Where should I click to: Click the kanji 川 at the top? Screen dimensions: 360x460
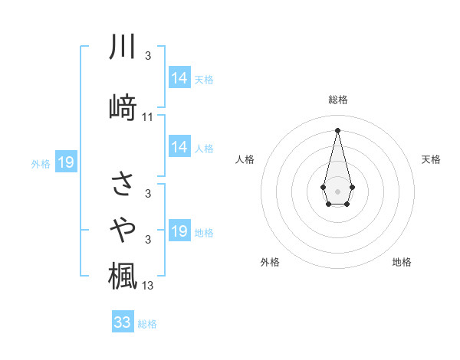(123, 47)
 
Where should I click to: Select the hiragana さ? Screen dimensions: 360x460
(123, 184)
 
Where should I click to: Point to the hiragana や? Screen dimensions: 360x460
(123, 227)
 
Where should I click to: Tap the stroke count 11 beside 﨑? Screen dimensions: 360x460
(148, 117)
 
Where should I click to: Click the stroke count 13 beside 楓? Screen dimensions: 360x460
(148, 286)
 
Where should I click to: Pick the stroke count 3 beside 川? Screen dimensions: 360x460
(148, 56)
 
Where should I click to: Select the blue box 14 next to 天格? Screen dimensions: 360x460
(179, 77)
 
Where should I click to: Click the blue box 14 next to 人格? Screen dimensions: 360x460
(179, 147)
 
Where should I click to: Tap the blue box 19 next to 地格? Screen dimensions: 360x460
(179, 231)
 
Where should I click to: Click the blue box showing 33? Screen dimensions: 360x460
(123, 322)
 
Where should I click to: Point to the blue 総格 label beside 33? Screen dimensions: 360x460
(147, 324)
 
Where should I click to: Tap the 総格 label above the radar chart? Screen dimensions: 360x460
(337, 100)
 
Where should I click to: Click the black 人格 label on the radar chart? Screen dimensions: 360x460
(245, 159)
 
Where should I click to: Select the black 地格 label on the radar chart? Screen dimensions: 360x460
(402, 262)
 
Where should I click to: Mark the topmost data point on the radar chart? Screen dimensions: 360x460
(337, 129)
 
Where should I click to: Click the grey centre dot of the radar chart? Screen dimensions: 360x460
(337, 190)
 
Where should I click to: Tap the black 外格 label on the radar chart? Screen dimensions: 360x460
(270, 262)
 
